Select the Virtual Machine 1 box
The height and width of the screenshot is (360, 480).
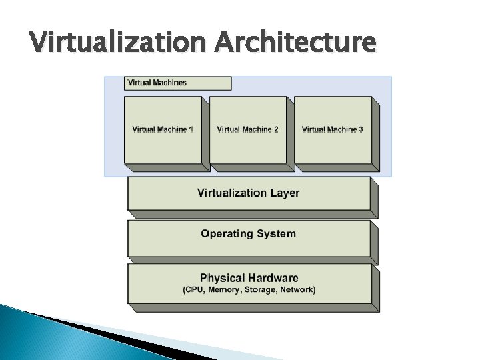coord(163,129)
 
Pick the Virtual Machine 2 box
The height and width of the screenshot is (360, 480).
coord(247,129)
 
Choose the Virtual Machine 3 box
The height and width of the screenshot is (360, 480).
coord(332,129)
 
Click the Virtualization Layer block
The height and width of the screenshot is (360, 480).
coord(249,193)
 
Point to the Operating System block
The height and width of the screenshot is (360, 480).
coord(249,235)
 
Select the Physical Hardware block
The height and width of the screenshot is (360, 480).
coord(249,283)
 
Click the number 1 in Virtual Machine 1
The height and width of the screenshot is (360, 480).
coord(190,129)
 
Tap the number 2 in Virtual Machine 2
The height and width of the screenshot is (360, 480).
coord(275,129)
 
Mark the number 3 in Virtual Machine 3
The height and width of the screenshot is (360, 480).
coord(360,129)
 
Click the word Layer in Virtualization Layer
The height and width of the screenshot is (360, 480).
coord(285,193)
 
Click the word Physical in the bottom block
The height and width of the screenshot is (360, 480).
coord(222,278)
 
